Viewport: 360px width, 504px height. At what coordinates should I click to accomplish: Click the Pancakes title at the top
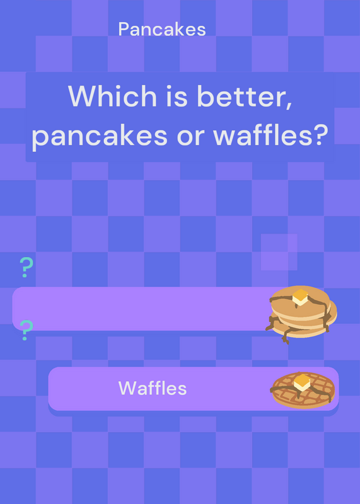(162, 30)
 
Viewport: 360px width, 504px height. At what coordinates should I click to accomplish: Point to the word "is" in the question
(177, 96)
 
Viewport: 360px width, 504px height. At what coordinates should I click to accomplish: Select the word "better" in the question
(243, 96)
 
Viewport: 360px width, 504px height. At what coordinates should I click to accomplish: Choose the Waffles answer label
(153, 388)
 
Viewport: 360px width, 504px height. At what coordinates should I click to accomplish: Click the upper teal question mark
(26, 267)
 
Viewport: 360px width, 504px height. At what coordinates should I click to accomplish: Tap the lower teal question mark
(26, 330)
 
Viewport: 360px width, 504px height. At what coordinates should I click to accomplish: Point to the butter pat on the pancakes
(300, 297)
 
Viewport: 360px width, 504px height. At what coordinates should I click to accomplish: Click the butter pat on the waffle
(302, 382)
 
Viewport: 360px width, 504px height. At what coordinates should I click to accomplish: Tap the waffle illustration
(303, 390)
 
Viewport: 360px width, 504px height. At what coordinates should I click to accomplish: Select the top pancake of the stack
(301, 303)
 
